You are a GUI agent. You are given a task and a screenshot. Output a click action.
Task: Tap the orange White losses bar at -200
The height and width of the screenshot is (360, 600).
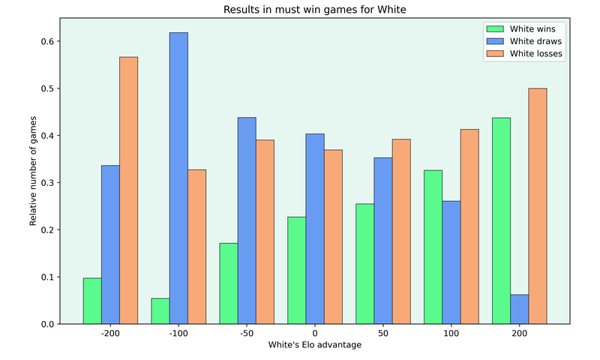[x=129, y=190]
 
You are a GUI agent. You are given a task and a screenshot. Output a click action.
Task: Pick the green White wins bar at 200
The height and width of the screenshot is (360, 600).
[x=501, y=220]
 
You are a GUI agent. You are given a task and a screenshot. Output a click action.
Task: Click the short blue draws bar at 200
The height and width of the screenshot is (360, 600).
[x=519, y=309]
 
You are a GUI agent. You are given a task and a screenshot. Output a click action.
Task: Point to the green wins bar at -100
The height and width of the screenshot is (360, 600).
[x=160, y=311]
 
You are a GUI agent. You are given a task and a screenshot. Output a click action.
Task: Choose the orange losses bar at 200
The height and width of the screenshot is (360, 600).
[x=538, y=206]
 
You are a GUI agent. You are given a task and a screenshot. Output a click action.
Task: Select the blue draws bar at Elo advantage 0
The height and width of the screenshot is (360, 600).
[x=314, y=229]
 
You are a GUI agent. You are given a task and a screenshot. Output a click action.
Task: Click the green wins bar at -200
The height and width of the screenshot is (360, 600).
[x=92, y=301]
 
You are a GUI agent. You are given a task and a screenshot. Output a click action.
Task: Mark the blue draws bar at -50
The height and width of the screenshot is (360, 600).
[x=247, y=220]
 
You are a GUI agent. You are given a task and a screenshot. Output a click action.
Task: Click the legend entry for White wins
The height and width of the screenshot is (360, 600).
[x=532, y=29]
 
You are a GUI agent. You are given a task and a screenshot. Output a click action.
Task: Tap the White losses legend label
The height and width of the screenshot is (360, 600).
[x=535, y=53]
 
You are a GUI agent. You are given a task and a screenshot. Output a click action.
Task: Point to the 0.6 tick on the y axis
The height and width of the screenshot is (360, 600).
[x=48, y=41]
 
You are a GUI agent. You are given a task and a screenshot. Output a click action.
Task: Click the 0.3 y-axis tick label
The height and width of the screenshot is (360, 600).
[x=48, y=183]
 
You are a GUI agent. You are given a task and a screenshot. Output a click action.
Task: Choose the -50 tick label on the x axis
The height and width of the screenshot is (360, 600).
[x=247, y=334]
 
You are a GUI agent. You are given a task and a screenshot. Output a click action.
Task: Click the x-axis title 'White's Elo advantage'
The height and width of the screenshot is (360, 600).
[x=314, y=345]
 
